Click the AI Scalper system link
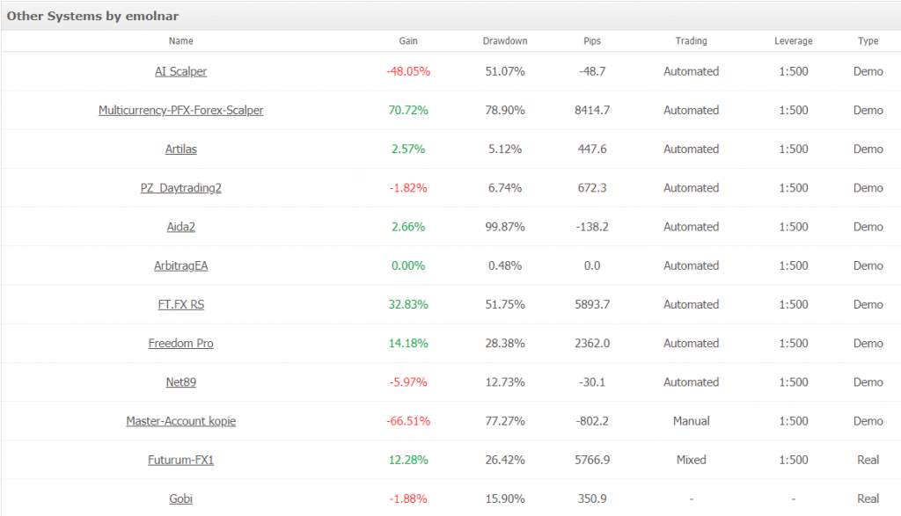pyautogui.click(x=180, y=71)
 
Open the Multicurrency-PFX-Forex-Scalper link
pyautogui.click(x=180, y=110)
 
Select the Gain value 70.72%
pyautogui.click(x=408, y=110)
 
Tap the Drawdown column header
pyautogui.click(x=505, y=41)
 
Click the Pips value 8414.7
pyautogui.click(x=593, y=110)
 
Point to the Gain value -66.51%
pyautogui.click(x=408, y=421)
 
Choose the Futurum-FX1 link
pyautogui.click(x=180, y=460)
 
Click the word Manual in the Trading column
pyautogui.click(x=691, y=421)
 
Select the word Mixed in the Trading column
pyautogui.click(x=691, y=460)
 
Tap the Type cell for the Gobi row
pyautogui.click(x=868, y=498)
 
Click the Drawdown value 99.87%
pyautogui.click(x=505, y=227)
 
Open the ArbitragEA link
pyautogui.click(x=180, y=265)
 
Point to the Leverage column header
pyautogui.click(x=793, y=41)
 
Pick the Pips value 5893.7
pyautogui.click(x=593, y=304)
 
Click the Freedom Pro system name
pyautogui.click(x=180, y=343)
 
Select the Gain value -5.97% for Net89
pyautogui.click(x=408, y=382)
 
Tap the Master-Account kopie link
pyautogui.click(x=180, y=421)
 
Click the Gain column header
pyautogui.click(x=408, y=41)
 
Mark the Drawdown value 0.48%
pyautogui.click(x=505, y=265)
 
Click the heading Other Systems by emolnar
pyautogui.click(x=92, y=16)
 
